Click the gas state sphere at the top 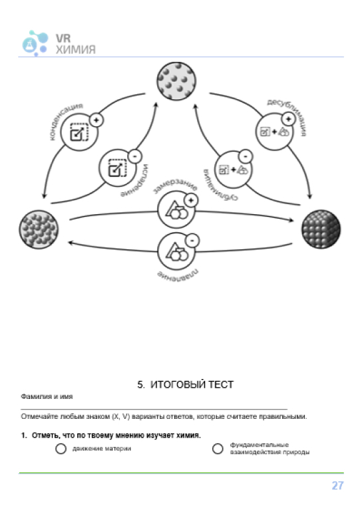tap(176, 81)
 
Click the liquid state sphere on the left tap(39, 229)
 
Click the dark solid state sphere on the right tap(321, 229)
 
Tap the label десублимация tap(287, 116)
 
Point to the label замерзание tap(175, 186)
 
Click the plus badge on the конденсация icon tap(96, 120)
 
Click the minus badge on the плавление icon tap(192, 241)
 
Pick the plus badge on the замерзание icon tap(191, 200)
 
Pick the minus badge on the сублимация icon tap(246, 157)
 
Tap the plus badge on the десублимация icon tap(288, 119)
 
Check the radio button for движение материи tap(61, 449)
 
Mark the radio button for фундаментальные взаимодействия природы tap(218, 449)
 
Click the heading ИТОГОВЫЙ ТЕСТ tap(192, 384)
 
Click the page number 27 tap(337, 485)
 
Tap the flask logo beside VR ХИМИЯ tap(35, 43)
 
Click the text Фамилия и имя tap(47, 396)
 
